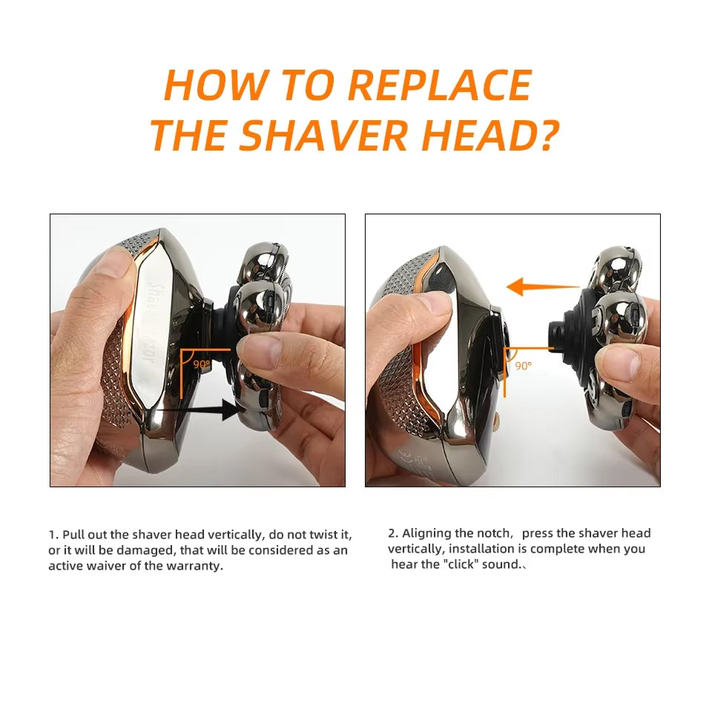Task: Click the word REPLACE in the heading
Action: pos(440,85)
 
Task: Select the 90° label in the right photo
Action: pos(524,366)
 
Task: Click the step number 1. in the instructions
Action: pos(53,535)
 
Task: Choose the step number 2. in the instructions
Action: pos(393,533)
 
